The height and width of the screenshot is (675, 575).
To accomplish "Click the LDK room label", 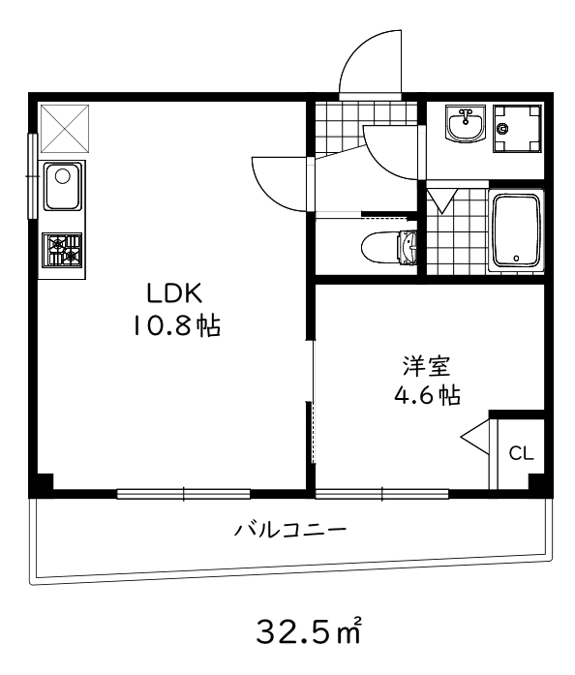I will (174, 291).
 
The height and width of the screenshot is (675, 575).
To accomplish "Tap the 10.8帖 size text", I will (176, 325).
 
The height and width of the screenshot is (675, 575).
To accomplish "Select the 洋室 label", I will (426, 366).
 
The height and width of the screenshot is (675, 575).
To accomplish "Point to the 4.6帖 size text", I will (426, 395).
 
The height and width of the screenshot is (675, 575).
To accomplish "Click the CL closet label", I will (520, 453).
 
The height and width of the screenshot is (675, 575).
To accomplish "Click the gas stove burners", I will (62, 250).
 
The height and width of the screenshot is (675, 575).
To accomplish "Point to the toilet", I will (387, 248).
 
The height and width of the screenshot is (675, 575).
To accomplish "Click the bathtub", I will (517, 231).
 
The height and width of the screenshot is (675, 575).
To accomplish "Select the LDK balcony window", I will (184, 493).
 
